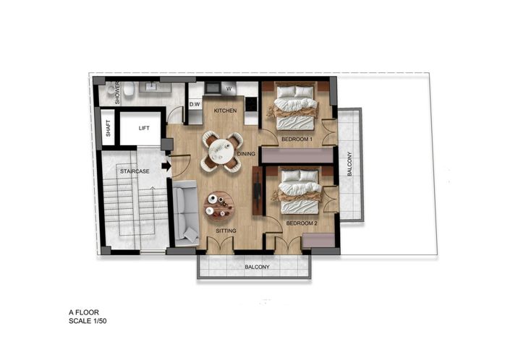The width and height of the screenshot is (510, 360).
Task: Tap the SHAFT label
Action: tap(108, 128)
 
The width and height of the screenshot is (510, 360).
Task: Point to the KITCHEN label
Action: tap(225, 109)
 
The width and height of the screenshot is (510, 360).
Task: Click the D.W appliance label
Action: tap(194, 105)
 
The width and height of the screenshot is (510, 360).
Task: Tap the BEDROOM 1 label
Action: tap(297, 138)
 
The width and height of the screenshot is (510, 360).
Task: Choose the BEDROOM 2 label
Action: tap(300, 223)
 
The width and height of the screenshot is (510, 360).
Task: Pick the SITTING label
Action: tap(228, 231)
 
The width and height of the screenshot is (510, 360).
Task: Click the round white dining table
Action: tap(218, 151)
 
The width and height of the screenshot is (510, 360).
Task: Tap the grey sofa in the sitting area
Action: tap(186, 213)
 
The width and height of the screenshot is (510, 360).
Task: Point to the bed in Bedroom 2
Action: tap(299, 193)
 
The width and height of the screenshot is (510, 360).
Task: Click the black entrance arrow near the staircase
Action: tap(166, 166)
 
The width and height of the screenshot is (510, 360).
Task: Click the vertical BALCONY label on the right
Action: tap(349, 165)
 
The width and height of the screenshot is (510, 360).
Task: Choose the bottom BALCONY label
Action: tap(257, 267)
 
